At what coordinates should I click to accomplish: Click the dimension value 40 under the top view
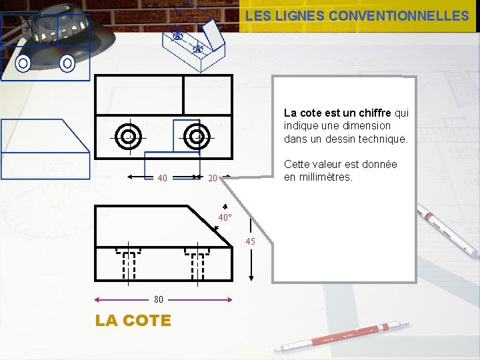click(x=162, y=178)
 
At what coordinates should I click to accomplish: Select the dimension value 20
click(x=213, y=178)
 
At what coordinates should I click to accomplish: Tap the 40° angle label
click(x=225, y=217)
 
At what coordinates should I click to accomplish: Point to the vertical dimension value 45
click(x=250, y=241)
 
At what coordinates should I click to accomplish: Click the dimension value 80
click(x=158, y=299)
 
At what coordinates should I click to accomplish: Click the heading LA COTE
click(x=133, y=321)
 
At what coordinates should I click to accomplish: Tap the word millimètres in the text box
click(x=326, y=177)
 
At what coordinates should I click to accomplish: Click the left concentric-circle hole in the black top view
click(x=128, y=137)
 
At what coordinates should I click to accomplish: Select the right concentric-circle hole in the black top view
click(x=197, y=137)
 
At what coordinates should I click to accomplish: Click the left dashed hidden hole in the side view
click(x=128, y=263)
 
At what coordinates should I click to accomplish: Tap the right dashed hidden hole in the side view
click(x=197, y=263)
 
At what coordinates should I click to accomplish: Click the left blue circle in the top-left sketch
click(x=23, y=63)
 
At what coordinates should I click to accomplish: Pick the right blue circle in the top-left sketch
click(x=67, y=63)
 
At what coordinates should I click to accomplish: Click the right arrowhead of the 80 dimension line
click(x=229, y=300)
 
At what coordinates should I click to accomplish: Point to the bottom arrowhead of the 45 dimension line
click(x=251, y=278)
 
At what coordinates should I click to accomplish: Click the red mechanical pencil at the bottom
click(x=342, y=337)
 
